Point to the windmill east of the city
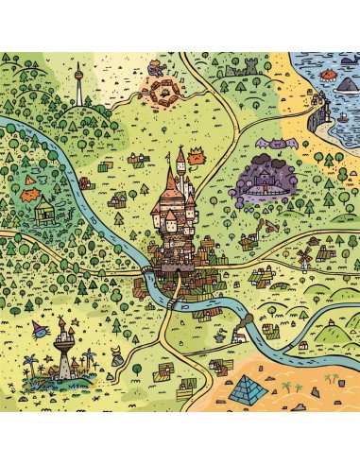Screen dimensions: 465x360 click(304, 256)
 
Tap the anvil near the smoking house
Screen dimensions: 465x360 click(218, 336)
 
